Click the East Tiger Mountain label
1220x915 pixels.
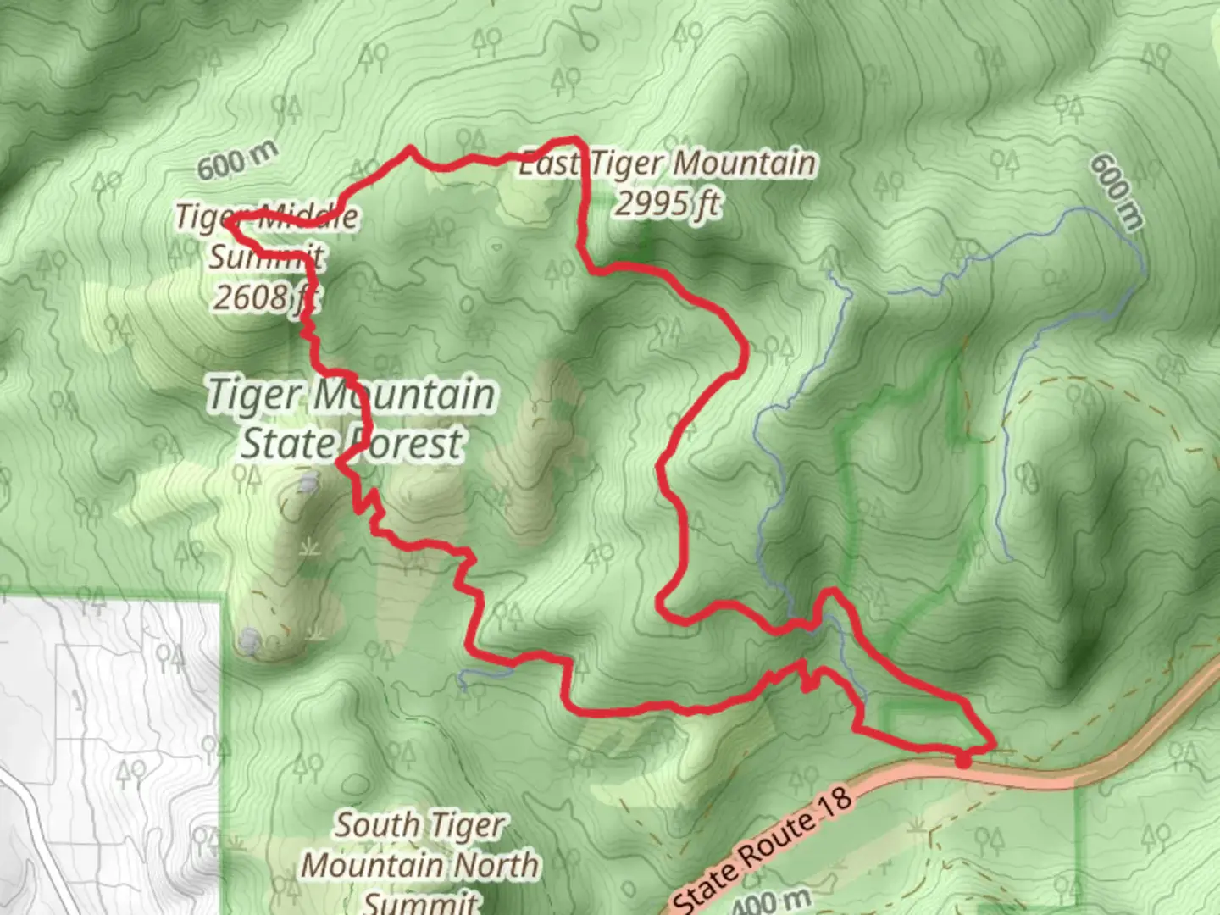click(668, 164)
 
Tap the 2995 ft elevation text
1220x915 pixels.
click(668, 203)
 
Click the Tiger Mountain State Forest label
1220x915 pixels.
click(352, 419)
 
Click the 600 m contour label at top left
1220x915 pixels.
click(237, 161)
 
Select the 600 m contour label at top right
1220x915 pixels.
click(1117, 191)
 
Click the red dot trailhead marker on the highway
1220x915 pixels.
click(963, 761)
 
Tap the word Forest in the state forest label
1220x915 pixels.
click(407, 443)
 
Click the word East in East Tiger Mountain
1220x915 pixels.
click(549, 164)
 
